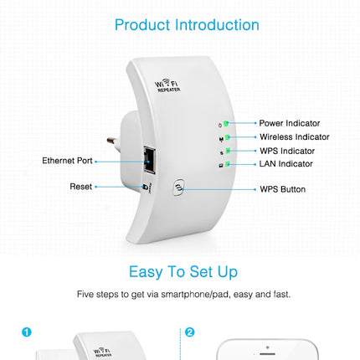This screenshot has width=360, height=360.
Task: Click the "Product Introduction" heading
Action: click(x=187, y=25)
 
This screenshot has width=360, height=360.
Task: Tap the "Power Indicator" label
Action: click(x=289, y=123)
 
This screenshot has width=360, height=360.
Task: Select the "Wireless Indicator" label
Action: click(x=294, y=136)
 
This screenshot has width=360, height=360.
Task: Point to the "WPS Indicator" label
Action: click(x=286, y=151)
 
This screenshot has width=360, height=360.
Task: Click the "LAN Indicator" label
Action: click(x=285, y=164)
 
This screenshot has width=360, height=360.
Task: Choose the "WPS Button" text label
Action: click(x=282, y=189)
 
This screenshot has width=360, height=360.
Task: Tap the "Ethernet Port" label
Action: click(x=68, y=160)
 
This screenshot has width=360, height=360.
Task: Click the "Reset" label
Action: click(x=81, y=187)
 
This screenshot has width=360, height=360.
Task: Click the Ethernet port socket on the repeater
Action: click(x=151, y=157)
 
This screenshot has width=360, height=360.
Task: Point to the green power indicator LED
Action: click(x=225, y=123)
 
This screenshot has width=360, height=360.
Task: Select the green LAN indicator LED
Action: click(x=225, y=164)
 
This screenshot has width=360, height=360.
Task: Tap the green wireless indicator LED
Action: click(x=225, y=136)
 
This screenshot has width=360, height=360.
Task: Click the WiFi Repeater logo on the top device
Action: click(x=168, y=85)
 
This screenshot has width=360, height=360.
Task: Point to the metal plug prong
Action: click(x=112, y=141)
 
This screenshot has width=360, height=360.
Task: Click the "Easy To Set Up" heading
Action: click(x=183, y=272)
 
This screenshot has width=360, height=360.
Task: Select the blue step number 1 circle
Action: click(x=27, y=332)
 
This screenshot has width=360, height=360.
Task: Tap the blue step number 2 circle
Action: click(x=190, y=332)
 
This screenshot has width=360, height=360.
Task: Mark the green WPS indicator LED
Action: click(x=225, y=151)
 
